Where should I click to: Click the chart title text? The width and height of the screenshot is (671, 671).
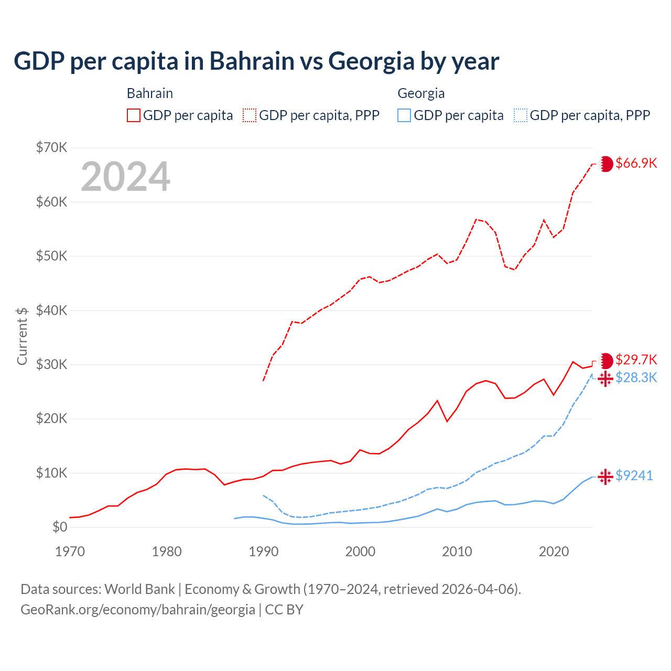(256, 61)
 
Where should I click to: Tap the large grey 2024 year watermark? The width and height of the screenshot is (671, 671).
(126, 177)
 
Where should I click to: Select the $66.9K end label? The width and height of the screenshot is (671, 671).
(636, 163)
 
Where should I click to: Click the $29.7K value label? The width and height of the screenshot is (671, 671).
(636, 360)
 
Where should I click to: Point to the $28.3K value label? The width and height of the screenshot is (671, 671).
(636, 377)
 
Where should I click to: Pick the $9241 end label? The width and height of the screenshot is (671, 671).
(634, 475)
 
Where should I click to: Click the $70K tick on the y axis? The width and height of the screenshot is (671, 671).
(51, 147)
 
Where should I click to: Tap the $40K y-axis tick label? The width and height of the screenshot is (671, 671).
(51, 310)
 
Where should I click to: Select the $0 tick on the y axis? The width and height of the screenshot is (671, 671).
(60, 527)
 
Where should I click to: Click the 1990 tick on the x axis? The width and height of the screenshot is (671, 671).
(264, 551)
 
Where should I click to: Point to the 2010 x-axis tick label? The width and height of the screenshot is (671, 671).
(457, 551)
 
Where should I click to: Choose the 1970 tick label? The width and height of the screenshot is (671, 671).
(70, 551)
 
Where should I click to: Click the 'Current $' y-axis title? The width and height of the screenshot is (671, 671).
(22, 336)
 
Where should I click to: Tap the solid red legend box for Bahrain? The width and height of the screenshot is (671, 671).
(134, 115)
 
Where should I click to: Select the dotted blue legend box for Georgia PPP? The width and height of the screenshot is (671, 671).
(521, 115)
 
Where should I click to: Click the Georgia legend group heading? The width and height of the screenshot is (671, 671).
(421, 93)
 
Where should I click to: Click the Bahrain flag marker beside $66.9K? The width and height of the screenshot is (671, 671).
(606, 164)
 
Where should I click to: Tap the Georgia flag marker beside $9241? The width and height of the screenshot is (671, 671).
(605, 476)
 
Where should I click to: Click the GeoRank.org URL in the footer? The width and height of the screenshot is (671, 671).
(137, 610)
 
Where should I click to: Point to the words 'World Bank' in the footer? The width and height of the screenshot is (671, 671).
(139, 589)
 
